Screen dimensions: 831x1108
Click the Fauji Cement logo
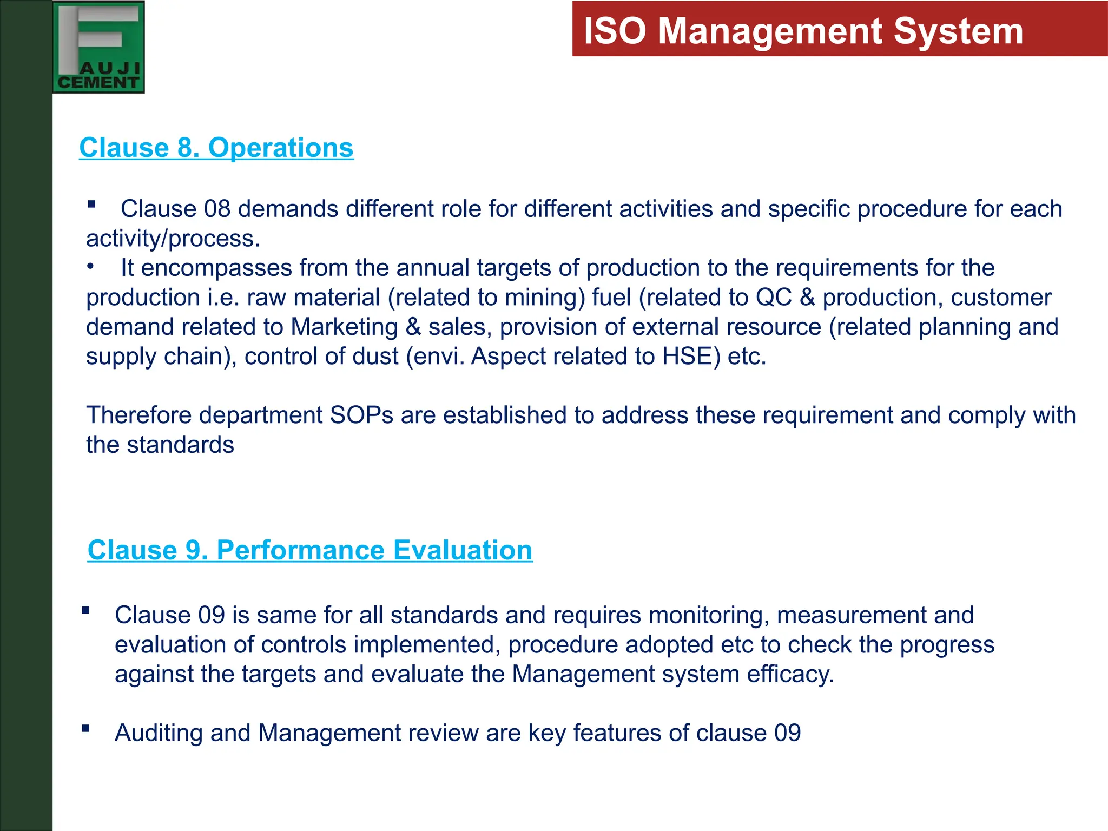98,47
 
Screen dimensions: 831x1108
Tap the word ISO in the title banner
615,31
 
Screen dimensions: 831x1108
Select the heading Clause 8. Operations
216,148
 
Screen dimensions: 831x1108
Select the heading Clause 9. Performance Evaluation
310,550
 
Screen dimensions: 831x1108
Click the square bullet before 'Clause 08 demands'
91,205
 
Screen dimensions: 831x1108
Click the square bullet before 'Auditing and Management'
85,728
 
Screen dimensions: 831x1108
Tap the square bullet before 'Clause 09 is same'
85,611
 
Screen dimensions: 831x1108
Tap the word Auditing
159,733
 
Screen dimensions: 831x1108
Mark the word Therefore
140,415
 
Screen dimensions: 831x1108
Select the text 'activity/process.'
173,239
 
